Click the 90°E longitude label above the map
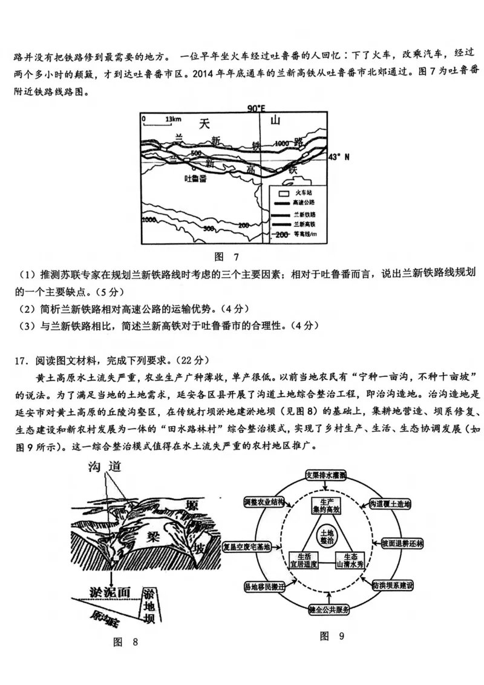coord(257,108)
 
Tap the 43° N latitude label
coord(339,157)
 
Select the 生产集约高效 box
coord(330,506)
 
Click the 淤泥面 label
coord(110,592)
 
